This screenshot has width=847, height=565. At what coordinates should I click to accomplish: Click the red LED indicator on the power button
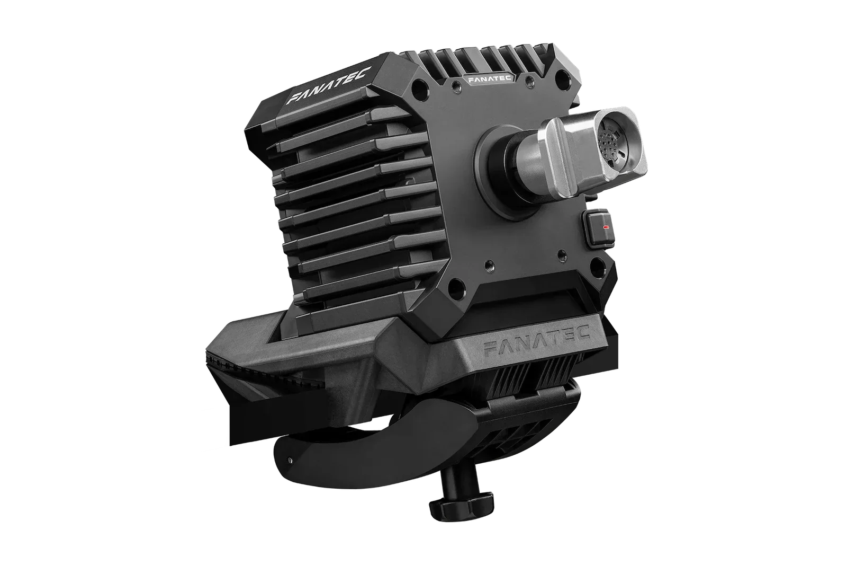coord(606,227)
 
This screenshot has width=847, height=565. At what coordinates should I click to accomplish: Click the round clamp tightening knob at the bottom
coord(461,504)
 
